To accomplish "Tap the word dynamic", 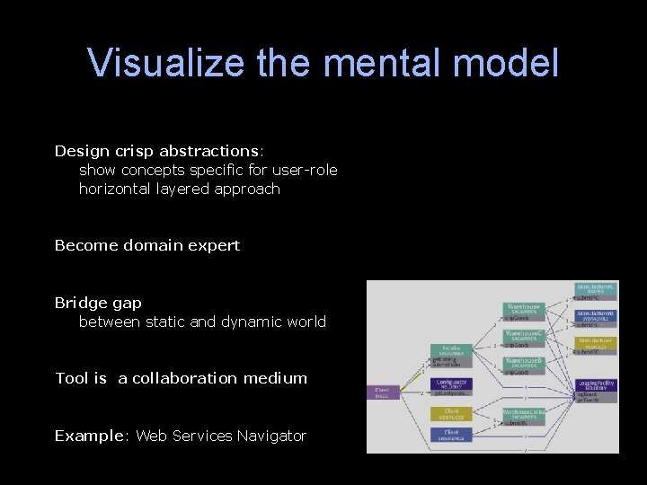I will [x=253, y=322].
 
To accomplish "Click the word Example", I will [x=88, y=436].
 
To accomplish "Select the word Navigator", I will [x=271, y=436].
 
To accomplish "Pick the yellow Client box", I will [x=451, y=415].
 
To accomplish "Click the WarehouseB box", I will [x=523, y=362].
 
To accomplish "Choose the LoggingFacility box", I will [x=596, y=385].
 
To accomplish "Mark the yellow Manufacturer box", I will [x=596, y=342].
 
